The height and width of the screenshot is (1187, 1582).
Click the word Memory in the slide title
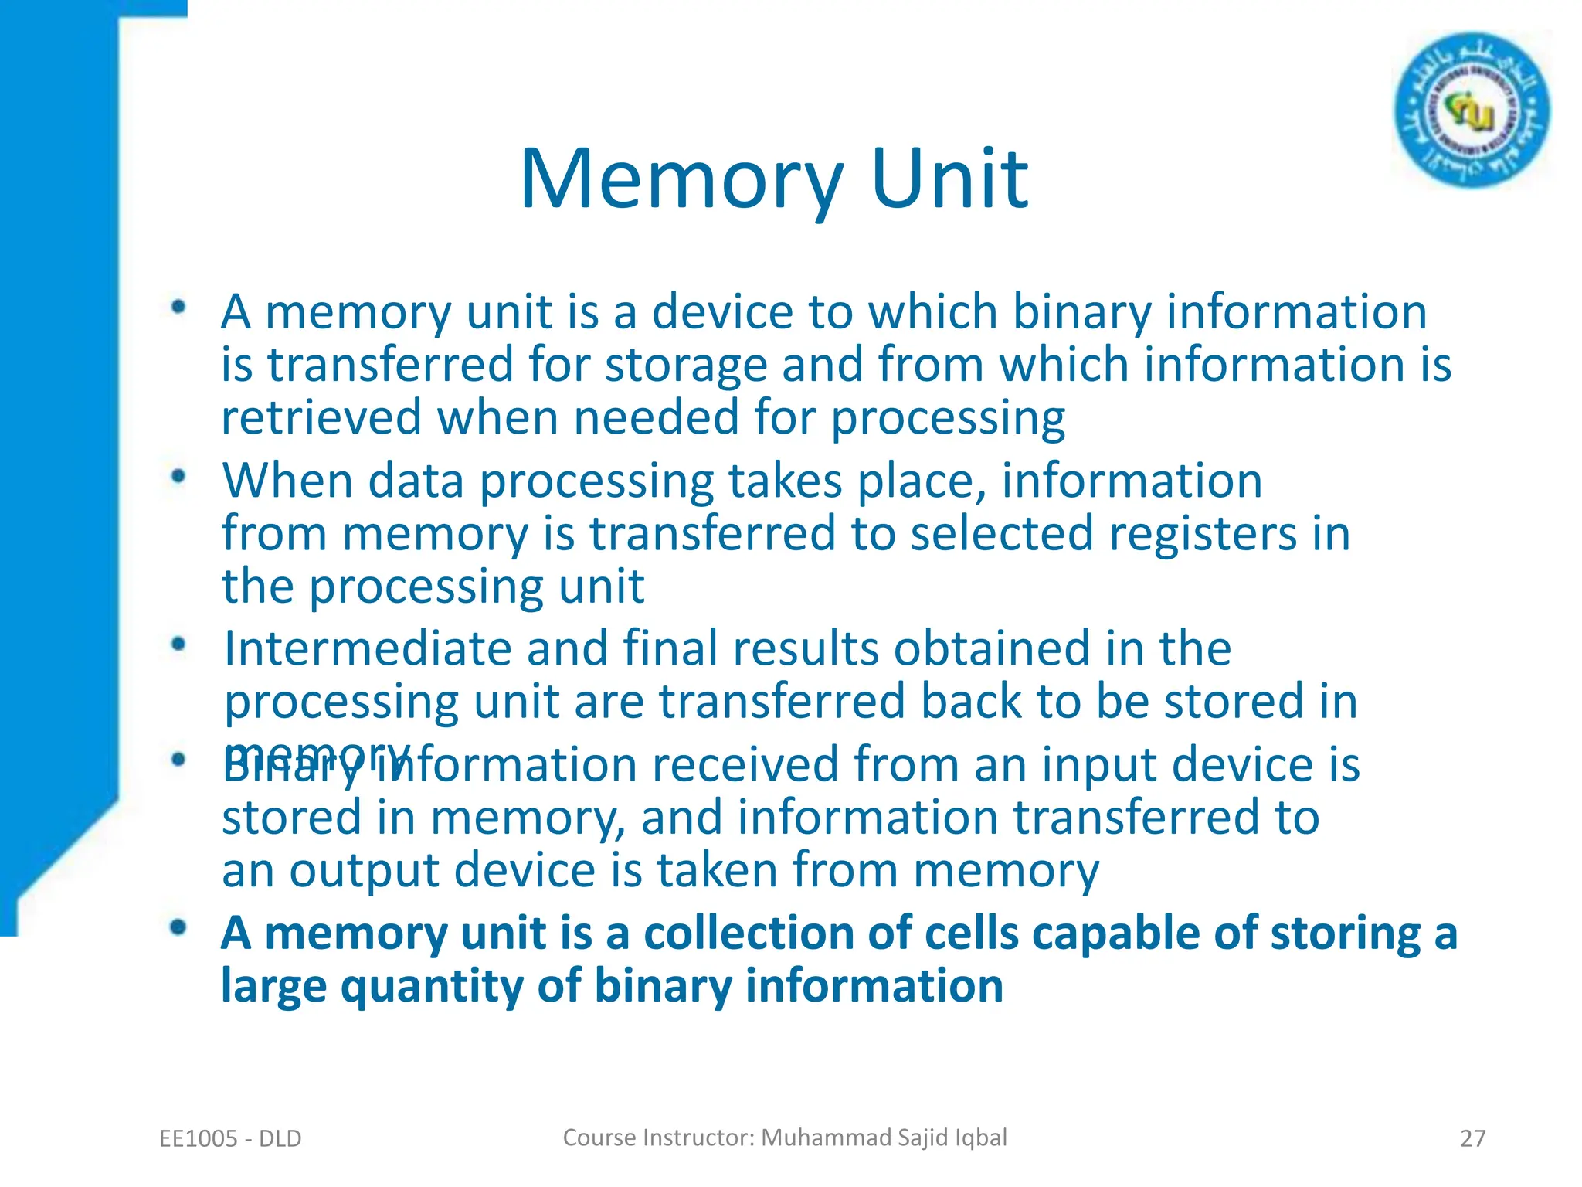(x=681, y=179)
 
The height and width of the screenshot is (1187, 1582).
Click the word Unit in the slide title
(x=949, y=179)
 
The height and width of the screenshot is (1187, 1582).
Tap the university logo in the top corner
(x=1472, y=111)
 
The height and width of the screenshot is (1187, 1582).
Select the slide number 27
(x=1472, y=1138)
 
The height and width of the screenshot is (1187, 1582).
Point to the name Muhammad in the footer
(x=826, y=1138)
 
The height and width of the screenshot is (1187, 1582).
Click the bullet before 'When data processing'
(x=179, y=477)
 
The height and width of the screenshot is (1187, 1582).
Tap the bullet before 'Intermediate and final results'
(x=179, y=645)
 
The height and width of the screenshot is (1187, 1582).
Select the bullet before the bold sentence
(x=179, y=927)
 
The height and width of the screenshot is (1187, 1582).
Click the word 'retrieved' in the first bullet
(x=321, y=418)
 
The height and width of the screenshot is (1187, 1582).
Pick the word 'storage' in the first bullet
(x=685, y=366)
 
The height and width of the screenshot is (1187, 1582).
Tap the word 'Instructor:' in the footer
(x=698, y=1138)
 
